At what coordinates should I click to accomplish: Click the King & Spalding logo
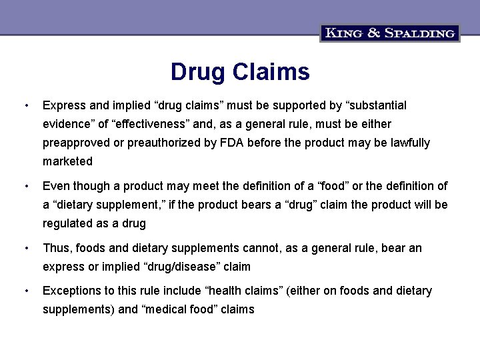click(389, 33)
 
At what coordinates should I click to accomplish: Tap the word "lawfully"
click(407, 143)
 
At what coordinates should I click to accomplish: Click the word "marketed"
click(68, 161)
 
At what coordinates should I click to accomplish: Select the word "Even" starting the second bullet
click(55, 186)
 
